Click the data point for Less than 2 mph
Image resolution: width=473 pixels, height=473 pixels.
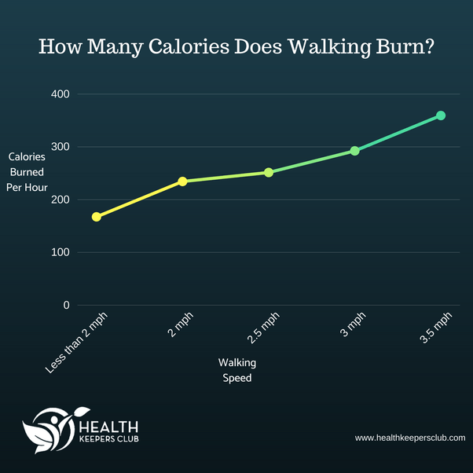(96, 217)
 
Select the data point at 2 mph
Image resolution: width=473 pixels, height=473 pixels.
(182, 181)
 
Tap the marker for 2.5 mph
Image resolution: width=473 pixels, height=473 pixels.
(269, 172)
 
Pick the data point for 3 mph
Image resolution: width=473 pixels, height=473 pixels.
(354, 151)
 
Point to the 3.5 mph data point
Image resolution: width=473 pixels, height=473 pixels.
(441, 115)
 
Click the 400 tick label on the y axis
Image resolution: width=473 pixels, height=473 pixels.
(60, 94)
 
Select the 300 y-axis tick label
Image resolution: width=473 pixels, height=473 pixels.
(60, 147)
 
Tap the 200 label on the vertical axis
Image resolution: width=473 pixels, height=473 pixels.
(60, 200)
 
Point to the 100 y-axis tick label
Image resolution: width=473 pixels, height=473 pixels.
(60, 252)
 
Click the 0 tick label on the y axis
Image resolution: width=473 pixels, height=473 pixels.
(66, 305)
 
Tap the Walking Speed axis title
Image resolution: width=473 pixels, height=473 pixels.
(236, 370)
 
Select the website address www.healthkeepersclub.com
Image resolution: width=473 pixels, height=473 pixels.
(409, 438)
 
